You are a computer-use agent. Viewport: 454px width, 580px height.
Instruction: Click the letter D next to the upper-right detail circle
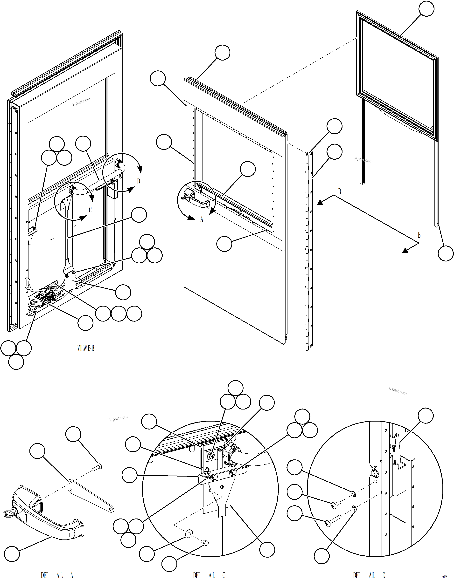(x=138, y=181)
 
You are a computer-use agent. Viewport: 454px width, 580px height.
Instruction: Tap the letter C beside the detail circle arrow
(x=90, y=210)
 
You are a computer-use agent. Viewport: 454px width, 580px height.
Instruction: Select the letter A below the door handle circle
(x=202, y=219)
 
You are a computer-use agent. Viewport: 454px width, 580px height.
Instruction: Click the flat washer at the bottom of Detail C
(x=189, y=533)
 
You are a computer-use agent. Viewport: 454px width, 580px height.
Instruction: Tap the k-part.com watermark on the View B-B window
(x=81, y=102)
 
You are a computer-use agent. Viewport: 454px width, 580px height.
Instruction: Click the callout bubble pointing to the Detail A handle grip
(x=12, y=554)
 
